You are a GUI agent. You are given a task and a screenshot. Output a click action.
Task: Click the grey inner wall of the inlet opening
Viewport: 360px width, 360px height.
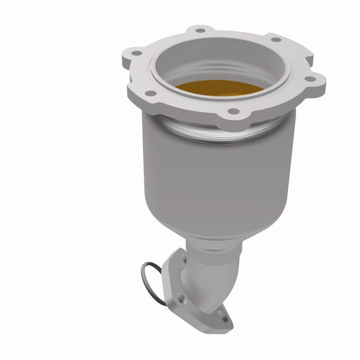click(234, 67)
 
